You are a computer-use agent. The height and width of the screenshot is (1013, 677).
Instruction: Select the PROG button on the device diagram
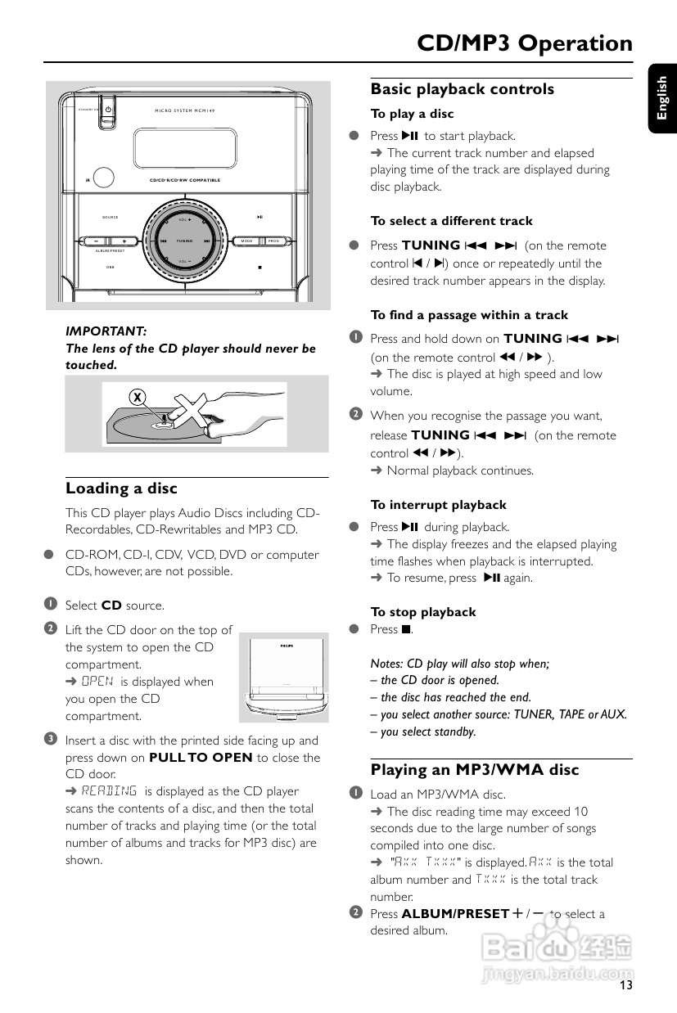(273, 241)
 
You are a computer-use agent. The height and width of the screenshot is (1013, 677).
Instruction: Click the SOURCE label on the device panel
(111, 218)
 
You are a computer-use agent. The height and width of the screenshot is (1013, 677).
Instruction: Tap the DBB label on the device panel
(111, 267)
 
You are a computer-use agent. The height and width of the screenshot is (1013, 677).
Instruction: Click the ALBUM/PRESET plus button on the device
(124, 241)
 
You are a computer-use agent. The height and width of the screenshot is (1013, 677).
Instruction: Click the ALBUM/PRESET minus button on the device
(97, 241)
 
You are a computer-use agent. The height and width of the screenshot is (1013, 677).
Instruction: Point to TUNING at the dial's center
(185, 241)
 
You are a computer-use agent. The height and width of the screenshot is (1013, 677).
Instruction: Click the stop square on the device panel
(260, 267)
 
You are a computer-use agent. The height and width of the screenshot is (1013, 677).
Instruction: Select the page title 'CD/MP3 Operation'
(525, 43)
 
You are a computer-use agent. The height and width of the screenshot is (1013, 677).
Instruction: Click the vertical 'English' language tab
(661, 97)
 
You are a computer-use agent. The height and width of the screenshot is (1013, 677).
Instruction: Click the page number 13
(625, 985)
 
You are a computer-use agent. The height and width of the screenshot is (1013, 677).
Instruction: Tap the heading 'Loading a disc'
(121, 488)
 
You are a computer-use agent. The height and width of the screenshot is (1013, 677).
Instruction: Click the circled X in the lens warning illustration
(138, 397)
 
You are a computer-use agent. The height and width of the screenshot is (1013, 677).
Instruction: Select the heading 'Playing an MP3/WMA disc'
(475, 770)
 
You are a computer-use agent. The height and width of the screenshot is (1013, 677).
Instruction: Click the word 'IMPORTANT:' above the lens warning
(106, 331)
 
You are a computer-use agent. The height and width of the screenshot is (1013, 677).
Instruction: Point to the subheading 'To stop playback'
(423, 612)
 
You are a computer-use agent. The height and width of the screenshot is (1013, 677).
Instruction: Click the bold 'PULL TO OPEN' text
(201, 758)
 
